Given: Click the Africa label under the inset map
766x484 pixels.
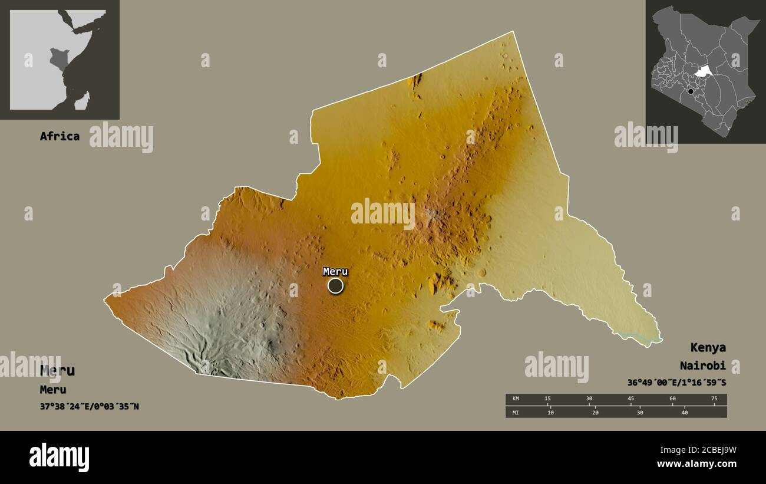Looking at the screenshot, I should [x=60, y=136].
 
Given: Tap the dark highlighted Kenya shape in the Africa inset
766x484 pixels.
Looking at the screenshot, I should [x=59, y=60].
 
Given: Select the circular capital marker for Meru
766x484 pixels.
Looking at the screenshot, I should [x=335, y=286].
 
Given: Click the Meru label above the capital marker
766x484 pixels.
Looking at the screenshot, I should [x=335, y=272].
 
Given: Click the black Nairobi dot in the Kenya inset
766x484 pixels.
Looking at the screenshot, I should [x=691, y=91].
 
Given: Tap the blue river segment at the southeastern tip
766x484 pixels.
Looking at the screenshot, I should [x=639, y=337].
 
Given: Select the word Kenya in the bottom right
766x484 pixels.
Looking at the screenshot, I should [x=708, y=347].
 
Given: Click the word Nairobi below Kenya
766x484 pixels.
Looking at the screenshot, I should [x=702, y=366].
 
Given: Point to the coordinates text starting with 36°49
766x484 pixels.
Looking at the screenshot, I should [x=676, y=383].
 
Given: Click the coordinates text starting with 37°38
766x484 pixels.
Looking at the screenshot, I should [x=90, y=406].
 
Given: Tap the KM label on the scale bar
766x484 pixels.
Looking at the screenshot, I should [x=516, y=399].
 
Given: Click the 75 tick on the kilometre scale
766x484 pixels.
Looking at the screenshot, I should [x=714, y=399].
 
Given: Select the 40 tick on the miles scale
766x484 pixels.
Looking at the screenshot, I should [x=685, y=412].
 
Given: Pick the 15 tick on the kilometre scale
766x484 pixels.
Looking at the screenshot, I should [x=547, y=399].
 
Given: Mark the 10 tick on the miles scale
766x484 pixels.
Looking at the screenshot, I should [x=550, y=412].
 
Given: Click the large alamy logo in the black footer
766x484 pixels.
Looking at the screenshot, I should [x=60, y=457].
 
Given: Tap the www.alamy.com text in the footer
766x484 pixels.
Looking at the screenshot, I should [x=696, y=464].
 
